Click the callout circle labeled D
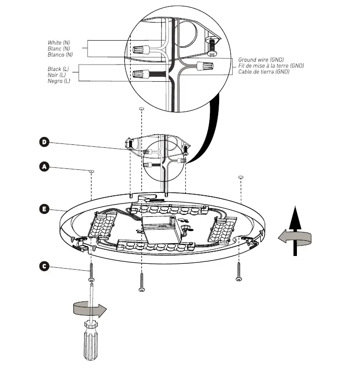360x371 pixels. (x=44, y=142)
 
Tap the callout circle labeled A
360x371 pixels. (x=44, y=167)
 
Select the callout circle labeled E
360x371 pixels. (x=44, y=209)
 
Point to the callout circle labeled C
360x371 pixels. (x=44, y=266)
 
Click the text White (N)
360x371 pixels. (x=59, y=43)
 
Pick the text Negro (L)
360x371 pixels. (x=59, y=81)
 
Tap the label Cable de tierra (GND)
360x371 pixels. (x=264, y=71)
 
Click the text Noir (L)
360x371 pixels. (x=57, y=75)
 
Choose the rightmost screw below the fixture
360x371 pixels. (x=239, y=271)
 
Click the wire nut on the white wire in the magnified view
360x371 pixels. (x=142, y=49)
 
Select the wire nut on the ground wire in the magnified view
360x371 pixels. (x=205, y=66)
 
